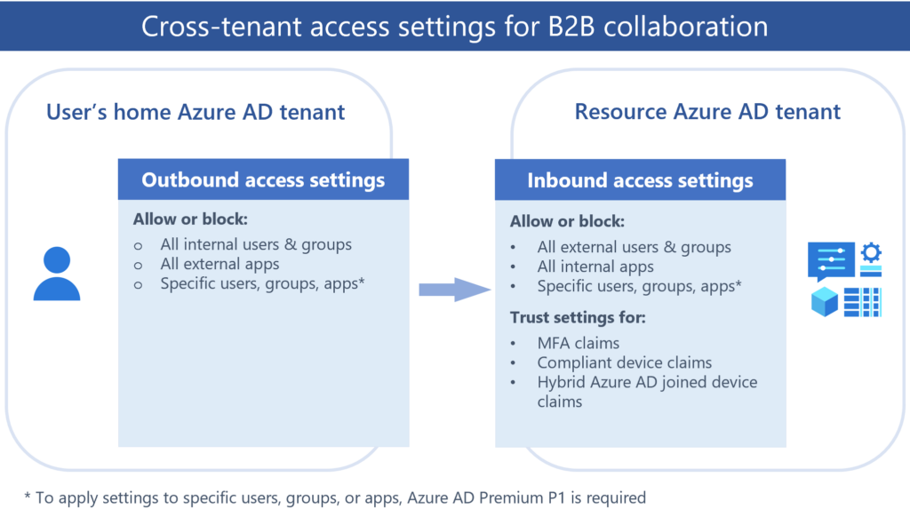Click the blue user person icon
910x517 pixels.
pos(57,274)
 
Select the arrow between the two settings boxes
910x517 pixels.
pos(454,290)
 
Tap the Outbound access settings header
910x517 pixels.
pos(263,179)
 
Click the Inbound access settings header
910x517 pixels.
pos(640,180)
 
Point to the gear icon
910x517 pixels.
pos(871,253)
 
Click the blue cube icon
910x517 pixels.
pos(824,302)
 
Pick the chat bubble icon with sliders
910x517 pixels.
pos(831,261)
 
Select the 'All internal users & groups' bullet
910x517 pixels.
pos(256,245)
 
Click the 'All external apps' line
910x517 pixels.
pos(220,264)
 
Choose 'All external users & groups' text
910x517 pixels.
pos(634,247)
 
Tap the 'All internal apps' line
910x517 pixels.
pos(595,266)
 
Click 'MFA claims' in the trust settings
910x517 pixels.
pos(578,343)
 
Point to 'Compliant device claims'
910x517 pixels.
pos(625,362)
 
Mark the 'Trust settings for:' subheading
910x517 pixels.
pos(578,317)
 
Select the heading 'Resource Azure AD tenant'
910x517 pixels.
pos(707,111)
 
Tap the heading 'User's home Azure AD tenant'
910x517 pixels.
pos(196,112)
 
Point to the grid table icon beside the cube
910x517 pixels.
pos(862,302)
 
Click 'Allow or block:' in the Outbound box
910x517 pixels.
pos(190,219)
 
